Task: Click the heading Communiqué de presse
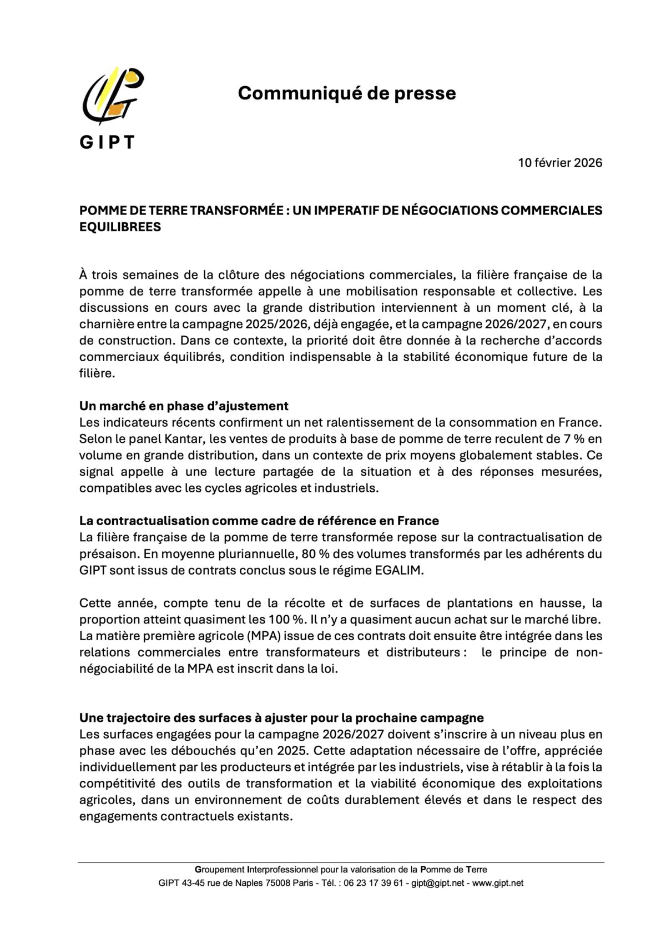[x=347, y=93]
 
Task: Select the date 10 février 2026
[x=560, y=163]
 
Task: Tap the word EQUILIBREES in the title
[x=120, y=227]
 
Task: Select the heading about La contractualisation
[x=259, y=521]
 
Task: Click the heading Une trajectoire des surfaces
[x=281, y=717]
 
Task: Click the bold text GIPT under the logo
[x=107, y=142]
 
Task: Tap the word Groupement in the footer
[x=219, y=870]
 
